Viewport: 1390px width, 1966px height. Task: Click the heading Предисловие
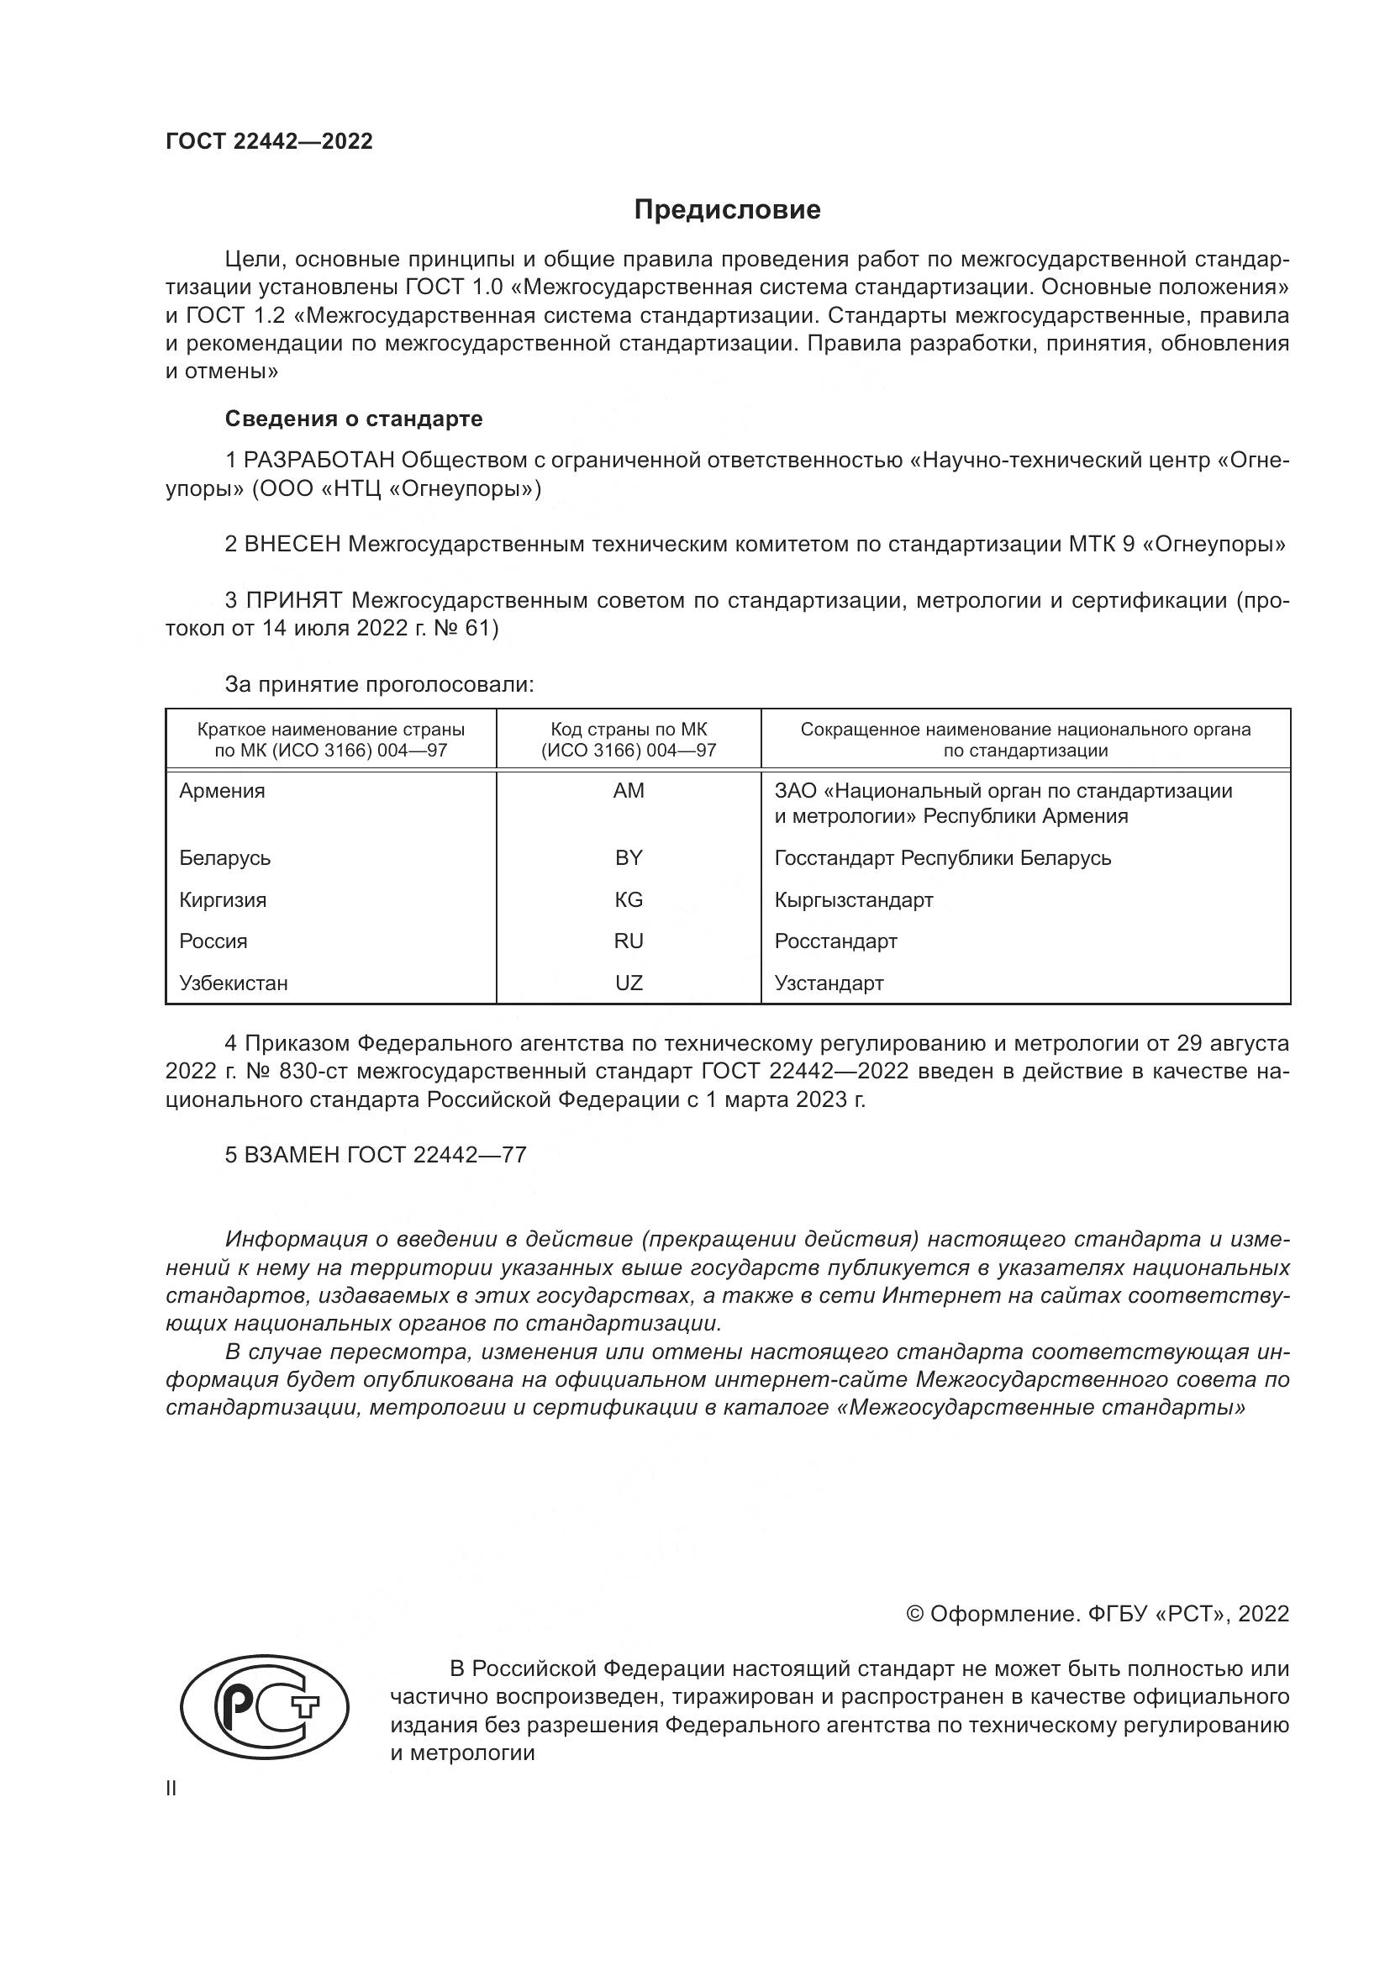pyautogui.click(x=727, y=210)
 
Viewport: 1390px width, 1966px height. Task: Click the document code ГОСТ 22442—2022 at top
pyautogui.click(x=269, y=141)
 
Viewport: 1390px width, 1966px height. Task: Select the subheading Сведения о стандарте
pyautogui.click(x=354, y=419)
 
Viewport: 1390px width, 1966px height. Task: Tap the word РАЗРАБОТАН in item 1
pyautogui.click(x=319, y=461)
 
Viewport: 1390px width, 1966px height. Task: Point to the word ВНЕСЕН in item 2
pyautogui.click(x=292, y=544)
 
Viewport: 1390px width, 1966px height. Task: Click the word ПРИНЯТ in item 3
pyautogui.click(x=294, y=600)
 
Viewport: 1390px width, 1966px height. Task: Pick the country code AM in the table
pyautogui.click(x=629, y=791)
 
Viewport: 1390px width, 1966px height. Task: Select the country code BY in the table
pyautogui.click(x=629, y=858)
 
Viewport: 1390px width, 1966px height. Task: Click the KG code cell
pyautogui.click(x=629, y=900)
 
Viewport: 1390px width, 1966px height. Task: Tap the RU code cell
pyautogui.click(x=629, y=941)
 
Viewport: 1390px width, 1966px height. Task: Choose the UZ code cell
pyautogui.click(x=629, y=983)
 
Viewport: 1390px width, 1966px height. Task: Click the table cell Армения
pyautogui.click(x=222, y=791)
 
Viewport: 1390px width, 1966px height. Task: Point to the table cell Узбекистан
pyautogui.click(x=233, y=983)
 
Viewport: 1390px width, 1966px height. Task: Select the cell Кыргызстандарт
pyautogui.click(x=853, y=900)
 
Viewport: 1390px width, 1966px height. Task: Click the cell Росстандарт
pyautogui.click(x=835, y=941)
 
